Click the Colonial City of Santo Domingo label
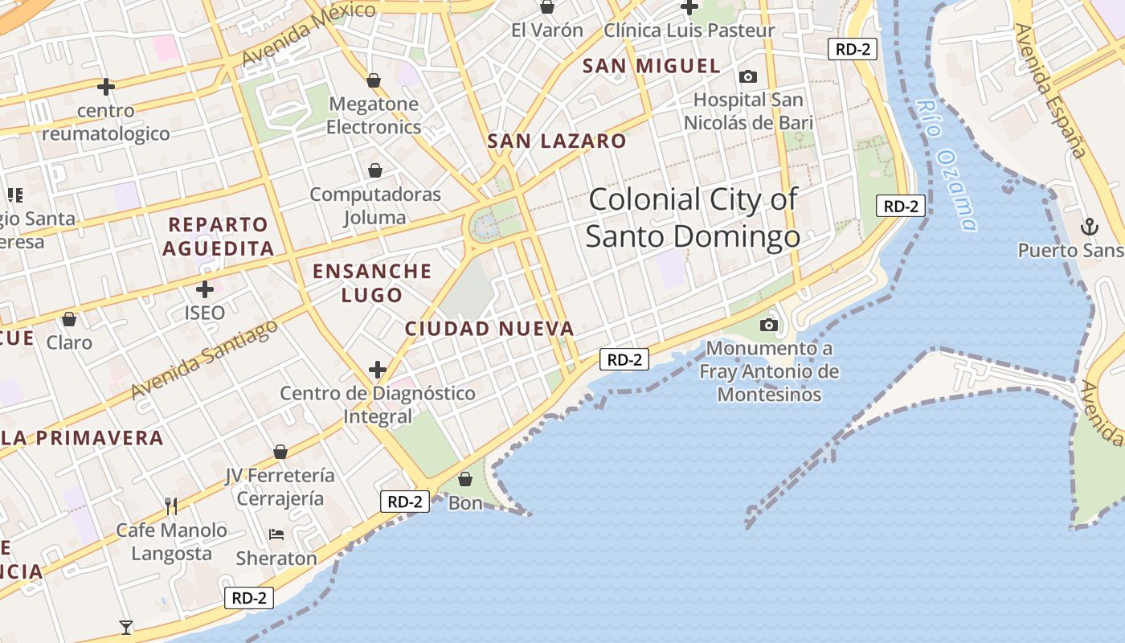[693, 218]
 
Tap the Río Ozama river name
[947, 164]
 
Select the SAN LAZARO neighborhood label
[556, 141]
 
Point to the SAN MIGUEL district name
[651, 66]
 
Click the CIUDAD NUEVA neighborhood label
[489, 329]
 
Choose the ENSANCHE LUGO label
[372, 283]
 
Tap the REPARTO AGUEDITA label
[219, 236]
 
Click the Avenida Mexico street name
[309, 33]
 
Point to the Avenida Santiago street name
[204, 358]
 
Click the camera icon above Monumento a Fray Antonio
[769, 326]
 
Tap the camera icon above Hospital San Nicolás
[748, 77]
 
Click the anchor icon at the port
[1089, 227]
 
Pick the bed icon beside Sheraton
[276, 534]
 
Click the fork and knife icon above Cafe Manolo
[171, 506]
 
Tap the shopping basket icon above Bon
[464, 480]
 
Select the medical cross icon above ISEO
[205, 289]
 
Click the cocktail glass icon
[126, 627]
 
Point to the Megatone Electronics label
[374, 115]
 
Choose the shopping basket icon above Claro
[69, 319]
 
